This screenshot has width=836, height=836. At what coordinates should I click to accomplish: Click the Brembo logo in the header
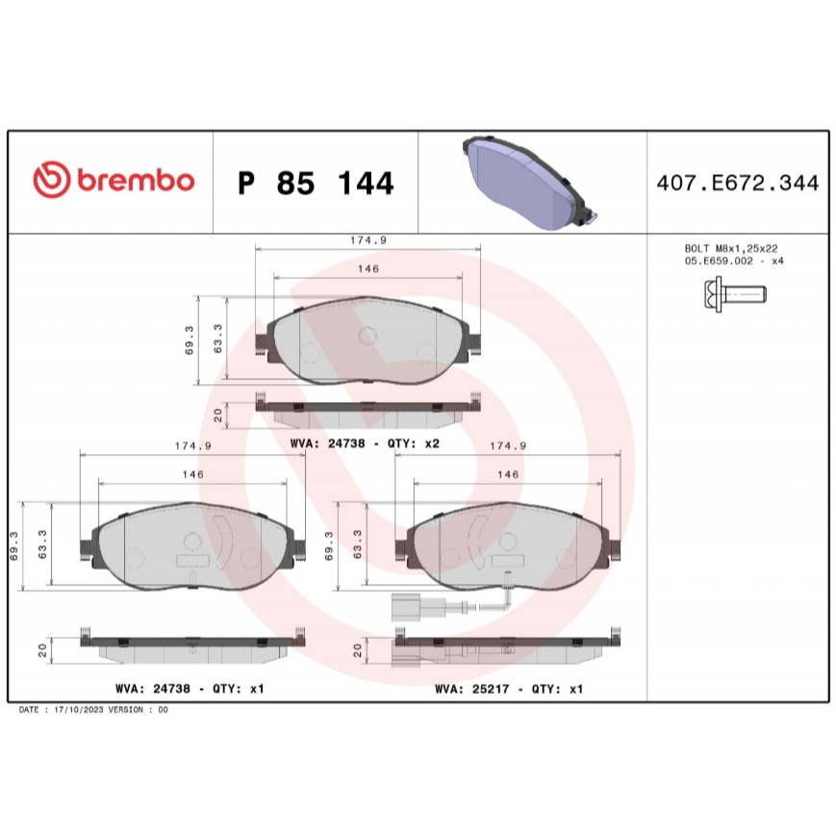pos(114,180)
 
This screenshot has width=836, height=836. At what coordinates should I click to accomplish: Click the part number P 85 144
pos(316,183)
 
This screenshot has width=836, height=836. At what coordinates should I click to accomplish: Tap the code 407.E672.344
pos(737,183)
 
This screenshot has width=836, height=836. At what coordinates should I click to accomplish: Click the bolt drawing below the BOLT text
pos(734,293)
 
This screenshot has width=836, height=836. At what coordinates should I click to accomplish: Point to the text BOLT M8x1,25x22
pos(731,248)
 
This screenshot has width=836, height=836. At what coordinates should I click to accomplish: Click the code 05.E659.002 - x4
pos(734,262)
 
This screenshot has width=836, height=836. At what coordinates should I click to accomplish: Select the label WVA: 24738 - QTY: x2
pos(365,443)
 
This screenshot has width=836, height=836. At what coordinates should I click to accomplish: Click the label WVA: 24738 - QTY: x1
pos(190,688)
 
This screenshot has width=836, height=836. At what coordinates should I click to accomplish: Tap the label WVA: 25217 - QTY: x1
pos(509,689)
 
